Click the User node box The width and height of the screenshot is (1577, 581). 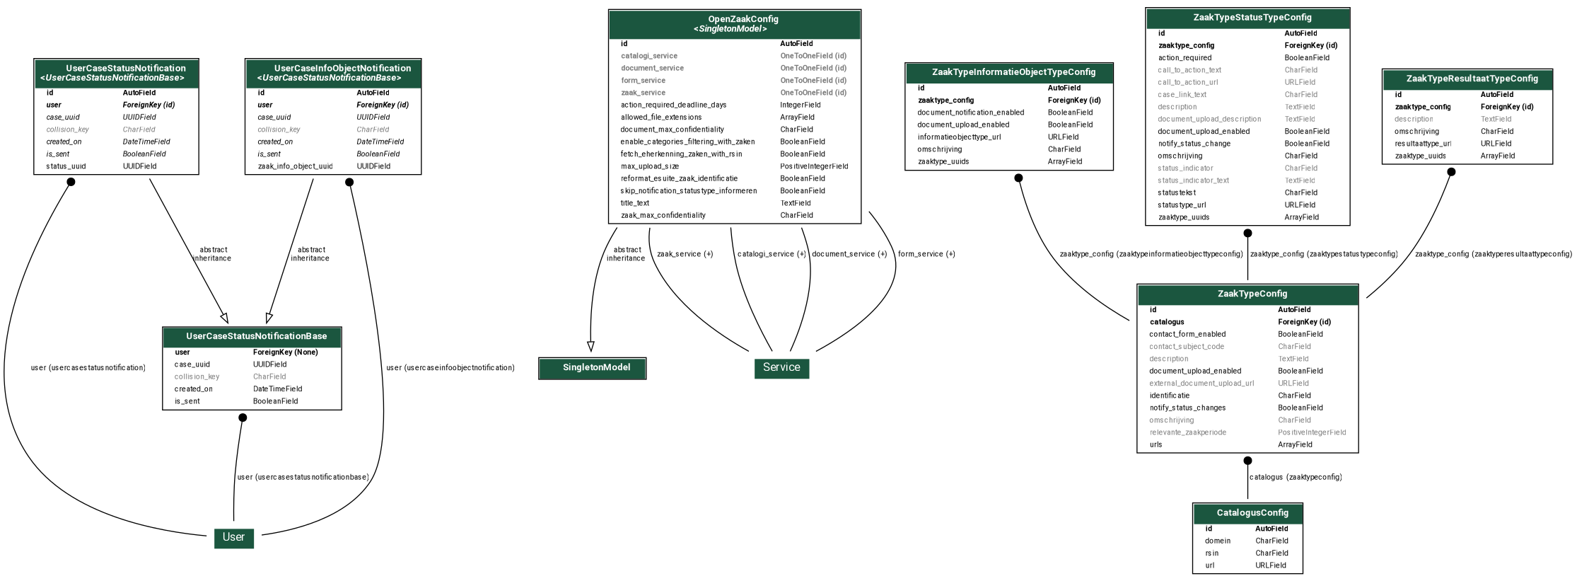click(x=233, y=537)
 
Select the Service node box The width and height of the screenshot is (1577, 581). click(x=781, y=367)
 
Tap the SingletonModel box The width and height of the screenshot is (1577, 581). click(x=593, y=368)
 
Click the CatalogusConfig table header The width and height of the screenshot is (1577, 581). click(x=1247, y=513)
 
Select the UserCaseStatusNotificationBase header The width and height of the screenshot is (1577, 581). click(x=252, y=337)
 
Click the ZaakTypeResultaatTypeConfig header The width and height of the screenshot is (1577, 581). click(x=1467, y=79)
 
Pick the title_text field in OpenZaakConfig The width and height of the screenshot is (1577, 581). click(x=635, y=203)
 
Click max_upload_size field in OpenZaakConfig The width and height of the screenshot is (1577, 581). click(x=649, y=166)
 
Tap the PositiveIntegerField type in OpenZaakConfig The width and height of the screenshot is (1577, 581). click(x=814, y=166)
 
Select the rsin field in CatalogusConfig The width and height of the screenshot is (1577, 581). click(x=1212, y=553)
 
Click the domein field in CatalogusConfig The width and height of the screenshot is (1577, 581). click(x=1218, y=541)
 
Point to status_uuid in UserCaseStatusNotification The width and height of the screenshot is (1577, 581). click(x=66, y=166)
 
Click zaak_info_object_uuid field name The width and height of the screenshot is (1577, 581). click(x=295, y=166)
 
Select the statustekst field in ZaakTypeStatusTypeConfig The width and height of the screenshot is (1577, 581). click(x=1177, y=192)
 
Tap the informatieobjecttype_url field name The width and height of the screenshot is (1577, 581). click(x=959, y=137)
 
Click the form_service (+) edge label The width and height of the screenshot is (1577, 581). click(x=926, y=254)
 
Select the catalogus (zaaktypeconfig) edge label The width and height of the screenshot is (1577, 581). click(x=1296, y=477)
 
